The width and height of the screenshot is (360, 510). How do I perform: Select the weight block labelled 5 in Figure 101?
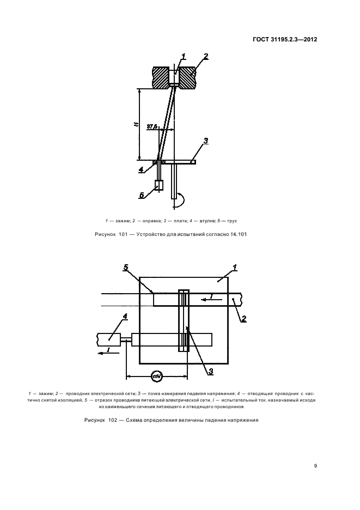click(160, 185)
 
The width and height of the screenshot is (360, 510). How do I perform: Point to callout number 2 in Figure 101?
click(205, 57)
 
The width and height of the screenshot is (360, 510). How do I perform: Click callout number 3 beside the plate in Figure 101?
click(205, 142)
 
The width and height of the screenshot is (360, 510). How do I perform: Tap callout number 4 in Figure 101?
click(141, 169)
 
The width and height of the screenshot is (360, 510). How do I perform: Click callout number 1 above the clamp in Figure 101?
click(183, 56)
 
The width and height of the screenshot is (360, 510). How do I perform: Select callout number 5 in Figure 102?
click(126, 267)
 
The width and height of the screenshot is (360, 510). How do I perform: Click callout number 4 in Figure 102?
click(125, 316)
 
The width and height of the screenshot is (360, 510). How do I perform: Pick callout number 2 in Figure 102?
click(244, 319)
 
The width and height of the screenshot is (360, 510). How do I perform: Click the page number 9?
click(315, 465)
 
